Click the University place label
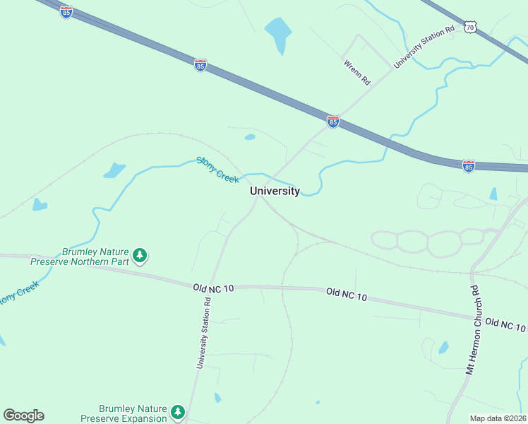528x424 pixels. click(x=275, y=191)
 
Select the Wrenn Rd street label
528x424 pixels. click(x=357, y=72)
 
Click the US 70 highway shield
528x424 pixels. click(x=470, y=28)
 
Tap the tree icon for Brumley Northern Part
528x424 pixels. click(x=140, y=255)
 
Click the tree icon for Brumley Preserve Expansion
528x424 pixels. click(x=178, y=411)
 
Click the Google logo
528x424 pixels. click(x=23, y=416)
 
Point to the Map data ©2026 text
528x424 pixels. click(x=498, y=418)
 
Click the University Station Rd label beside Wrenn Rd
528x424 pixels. click(x=424, y=47)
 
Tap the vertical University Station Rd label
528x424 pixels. click(x=203, y=332)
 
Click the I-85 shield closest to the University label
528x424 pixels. click(x=333, y=122)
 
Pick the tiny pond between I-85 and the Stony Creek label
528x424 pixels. click(x=249, y=136)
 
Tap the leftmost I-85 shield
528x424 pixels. click(x=66, y=12)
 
